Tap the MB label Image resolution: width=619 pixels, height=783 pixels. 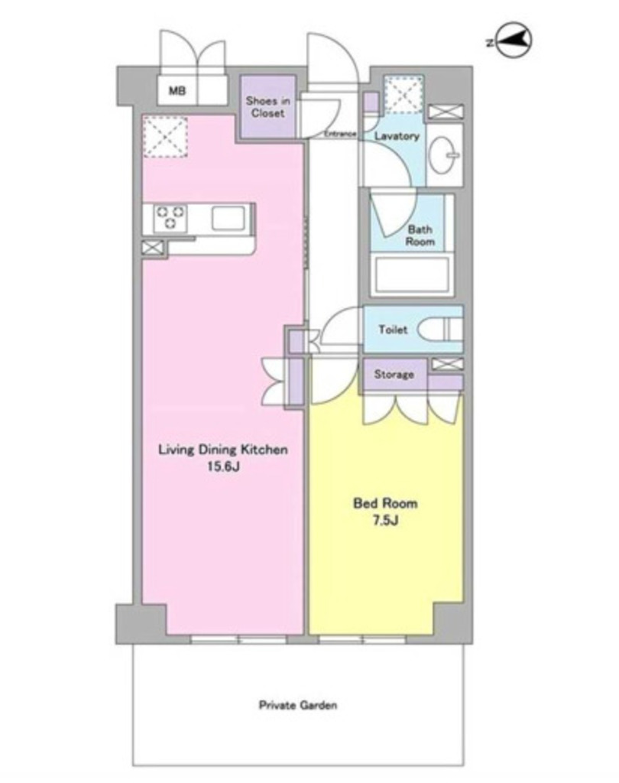[177, 91]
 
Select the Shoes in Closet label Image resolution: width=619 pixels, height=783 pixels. [267, 107]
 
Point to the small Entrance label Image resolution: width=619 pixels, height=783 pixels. [340, 133]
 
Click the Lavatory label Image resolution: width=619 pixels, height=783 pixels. [397, 136]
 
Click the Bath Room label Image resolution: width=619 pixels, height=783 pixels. [420, 236]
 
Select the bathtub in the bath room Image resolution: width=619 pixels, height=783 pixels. [412, 275]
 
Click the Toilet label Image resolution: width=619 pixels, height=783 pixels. [393, 330]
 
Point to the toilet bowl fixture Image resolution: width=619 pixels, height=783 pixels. [439, 330]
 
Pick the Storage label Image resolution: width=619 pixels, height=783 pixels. [394, 374]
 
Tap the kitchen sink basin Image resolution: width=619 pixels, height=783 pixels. [228, 219]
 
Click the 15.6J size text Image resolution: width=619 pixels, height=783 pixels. [223, 467]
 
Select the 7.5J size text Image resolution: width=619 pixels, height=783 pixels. [385, 521]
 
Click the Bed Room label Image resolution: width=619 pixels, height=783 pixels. [385, 503]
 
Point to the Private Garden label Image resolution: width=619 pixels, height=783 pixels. [298, 705]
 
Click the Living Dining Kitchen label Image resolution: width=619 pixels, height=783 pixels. [223, 450]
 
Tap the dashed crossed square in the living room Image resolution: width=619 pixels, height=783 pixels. [165, 136]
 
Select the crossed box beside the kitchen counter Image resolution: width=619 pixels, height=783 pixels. [152, 249]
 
